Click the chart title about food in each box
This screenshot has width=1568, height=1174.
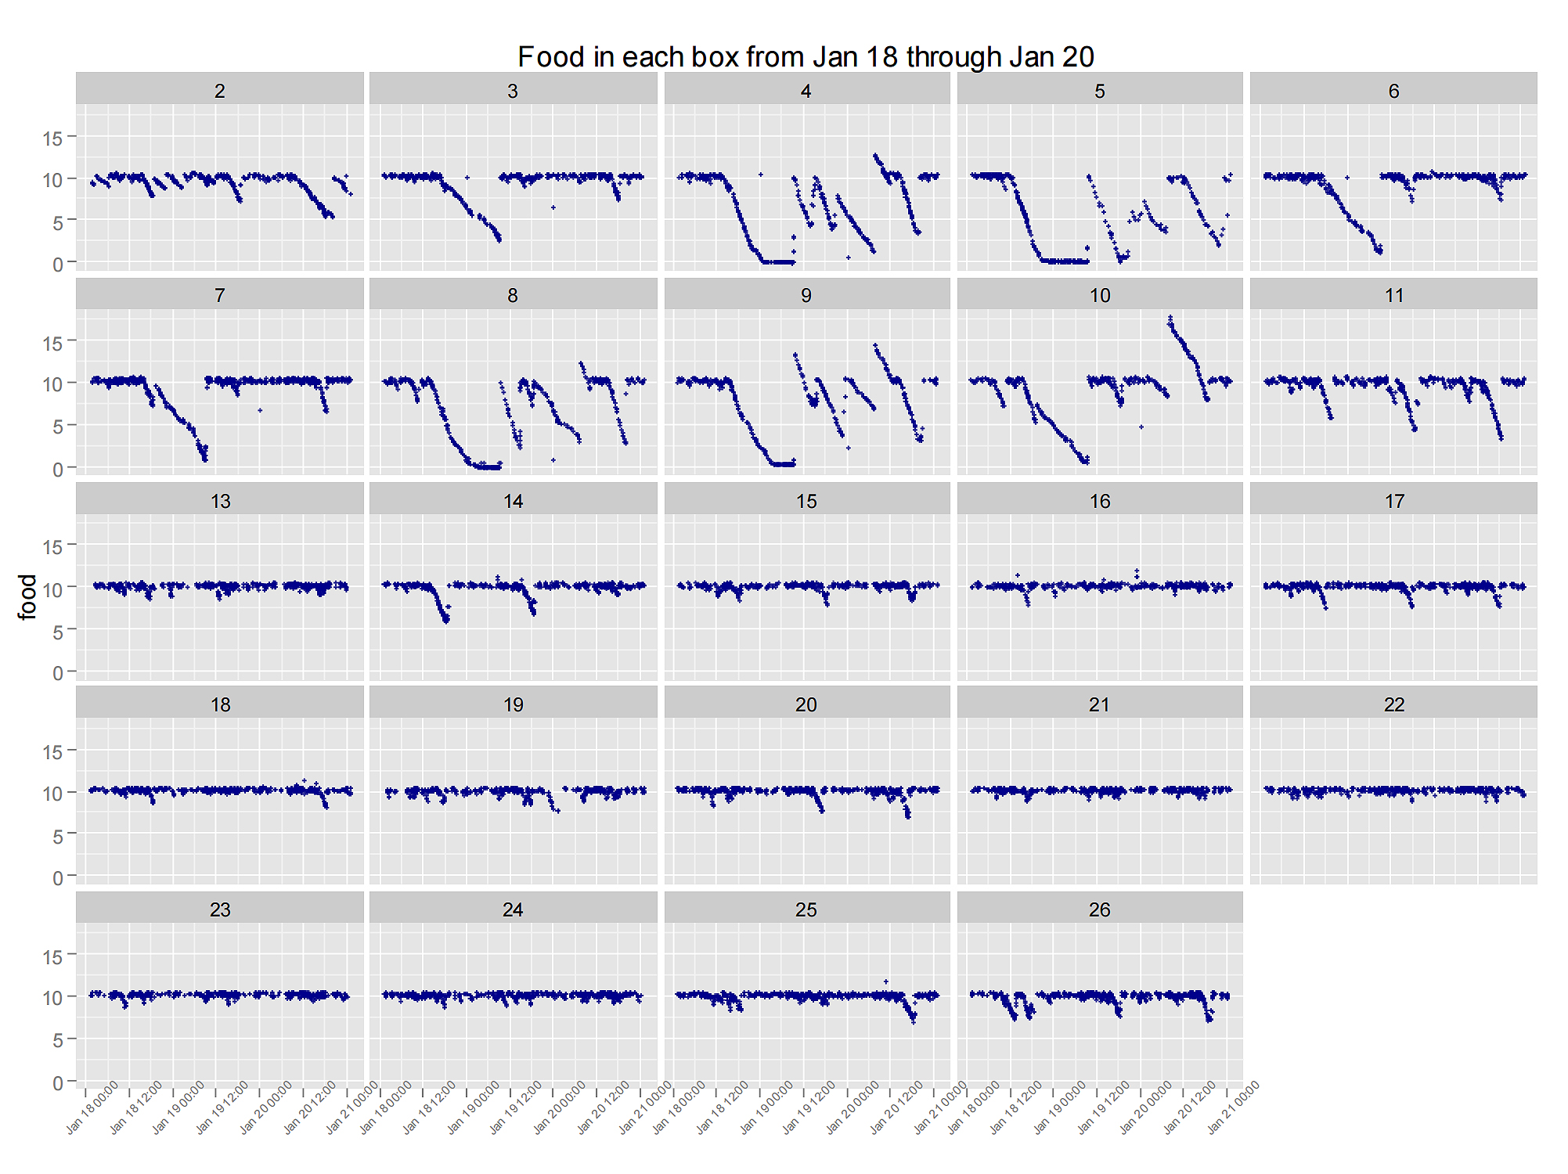pos(806,57)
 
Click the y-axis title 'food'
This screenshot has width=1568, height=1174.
pos(27,596)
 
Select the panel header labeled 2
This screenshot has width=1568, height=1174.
pos(220,91)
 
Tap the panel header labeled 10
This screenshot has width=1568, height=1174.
pos(1099,295)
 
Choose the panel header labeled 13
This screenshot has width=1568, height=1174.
pos(220,501)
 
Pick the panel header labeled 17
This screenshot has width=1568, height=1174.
pos(1393,501)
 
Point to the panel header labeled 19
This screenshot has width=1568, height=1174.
pos(513,704)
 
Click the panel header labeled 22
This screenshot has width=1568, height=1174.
pos(1393,704)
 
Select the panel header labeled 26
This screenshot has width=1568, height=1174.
pos(1099,909)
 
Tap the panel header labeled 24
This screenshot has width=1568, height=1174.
pos(513,909)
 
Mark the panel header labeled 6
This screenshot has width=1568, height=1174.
pos(1393,91)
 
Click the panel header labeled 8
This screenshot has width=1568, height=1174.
pos(513,295)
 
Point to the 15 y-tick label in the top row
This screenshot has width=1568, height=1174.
pos(52,139)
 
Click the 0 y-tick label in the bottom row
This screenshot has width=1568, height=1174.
pos(58,1083)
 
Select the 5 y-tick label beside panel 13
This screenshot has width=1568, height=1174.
pos(58,631)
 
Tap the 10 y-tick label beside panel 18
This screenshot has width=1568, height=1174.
pos(52,794)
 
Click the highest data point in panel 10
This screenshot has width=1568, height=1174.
pos(1170,317)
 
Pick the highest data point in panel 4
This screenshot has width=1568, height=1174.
pos(874,155)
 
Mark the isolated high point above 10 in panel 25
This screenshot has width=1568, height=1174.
pos(885,981)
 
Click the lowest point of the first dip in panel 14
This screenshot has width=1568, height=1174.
pos(446,621)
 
